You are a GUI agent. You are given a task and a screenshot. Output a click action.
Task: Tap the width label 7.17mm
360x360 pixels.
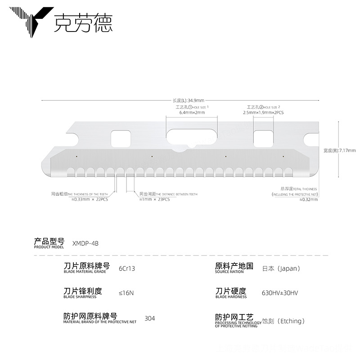(x=340, y=150)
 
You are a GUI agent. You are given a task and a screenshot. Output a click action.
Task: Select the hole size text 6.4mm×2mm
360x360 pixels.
(x=192, y=112)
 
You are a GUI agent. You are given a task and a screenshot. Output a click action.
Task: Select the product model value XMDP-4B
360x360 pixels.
(x=85, y=243)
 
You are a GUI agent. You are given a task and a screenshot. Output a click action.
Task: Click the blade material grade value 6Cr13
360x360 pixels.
(x=126, y=269)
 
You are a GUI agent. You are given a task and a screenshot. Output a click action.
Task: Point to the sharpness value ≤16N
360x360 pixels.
(x=126, y=293)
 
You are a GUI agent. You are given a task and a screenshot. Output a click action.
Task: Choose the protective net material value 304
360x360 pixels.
(x=149, y=319)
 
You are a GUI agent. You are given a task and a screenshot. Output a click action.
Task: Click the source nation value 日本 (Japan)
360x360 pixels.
(x=281, y=269)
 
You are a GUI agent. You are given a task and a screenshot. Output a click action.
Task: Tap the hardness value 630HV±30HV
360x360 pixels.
(x=279, y=293)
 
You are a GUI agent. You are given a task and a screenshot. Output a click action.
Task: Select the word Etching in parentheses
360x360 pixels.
(x=291, y=321)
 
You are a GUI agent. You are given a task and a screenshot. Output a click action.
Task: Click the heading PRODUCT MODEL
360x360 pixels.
(x=49, y=247)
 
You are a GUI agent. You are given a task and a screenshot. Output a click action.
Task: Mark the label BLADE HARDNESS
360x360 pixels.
(x=231, y=297)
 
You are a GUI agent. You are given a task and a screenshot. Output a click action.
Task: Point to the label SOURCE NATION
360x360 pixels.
(x=229, y=272)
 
